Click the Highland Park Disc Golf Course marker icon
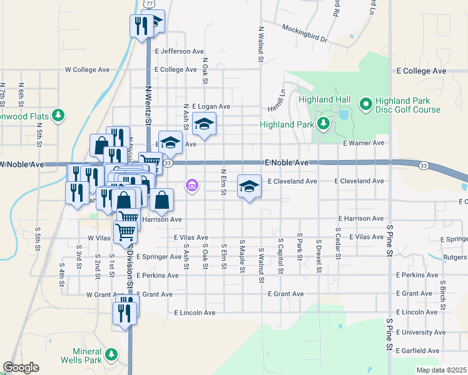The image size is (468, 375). click(365, 102)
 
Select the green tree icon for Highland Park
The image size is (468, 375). click(323, 124)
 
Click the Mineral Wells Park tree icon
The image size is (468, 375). click(111, 355)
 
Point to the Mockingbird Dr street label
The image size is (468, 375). click(305, 33)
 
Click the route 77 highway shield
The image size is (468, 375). click(148, 4)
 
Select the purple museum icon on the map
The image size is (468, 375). click(192, 186)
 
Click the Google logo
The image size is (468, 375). click(21, 367)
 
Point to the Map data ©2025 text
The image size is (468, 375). click(441, 370)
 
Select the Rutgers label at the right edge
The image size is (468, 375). click(454, 257)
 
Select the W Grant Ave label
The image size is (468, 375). click(103, 294)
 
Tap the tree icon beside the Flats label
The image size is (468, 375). click(58, 115)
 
